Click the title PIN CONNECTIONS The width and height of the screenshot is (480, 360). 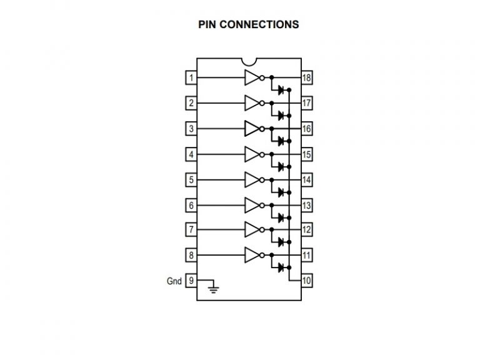click(248, 25)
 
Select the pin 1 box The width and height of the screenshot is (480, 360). click(191, 78)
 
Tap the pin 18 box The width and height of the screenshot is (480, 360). click(307, 78)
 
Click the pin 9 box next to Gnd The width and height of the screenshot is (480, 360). click(191, 281)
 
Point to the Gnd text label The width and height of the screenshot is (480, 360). click(174, 281)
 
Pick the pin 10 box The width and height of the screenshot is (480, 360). click(307, 281)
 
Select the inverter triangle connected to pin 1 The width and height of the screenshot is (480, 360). click(251, 78)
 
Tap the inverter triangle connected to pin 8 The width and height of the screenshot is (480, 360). click(251, 256)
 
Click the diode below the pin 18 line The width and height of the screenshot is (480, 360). click(281, 90)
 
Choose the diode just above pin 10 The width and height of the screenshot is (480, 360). click(281, 267)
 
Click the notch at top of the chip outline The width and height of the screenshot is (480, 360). click(249, 61)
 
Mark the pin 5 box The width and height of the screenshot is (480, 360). click(191, 179)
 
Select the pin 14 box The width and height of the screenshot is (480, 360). click(307, 179)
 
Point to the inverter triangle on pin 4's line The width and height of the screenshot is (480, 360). click(251, 154)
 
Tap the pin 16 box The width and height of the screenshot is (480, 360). click(307, 129)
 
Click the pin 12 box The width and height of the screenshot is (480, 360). click(307, 230)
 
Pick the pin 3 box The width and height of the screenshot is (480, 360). click(191, 129)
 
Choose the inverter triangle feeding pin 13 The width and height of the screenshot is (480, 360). click(251, 205)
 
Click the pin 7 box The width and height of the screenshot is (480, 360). click(191, 230)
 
